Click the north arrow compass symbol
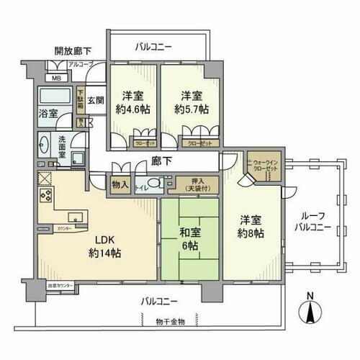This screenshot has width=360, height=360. (310, 311)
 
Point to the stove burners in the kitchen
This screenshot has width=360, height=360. (46, 196)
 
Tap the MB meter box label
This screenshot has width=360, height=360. (55, 78)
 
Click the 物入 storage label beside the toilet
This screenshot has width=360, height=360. (120, 185)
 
